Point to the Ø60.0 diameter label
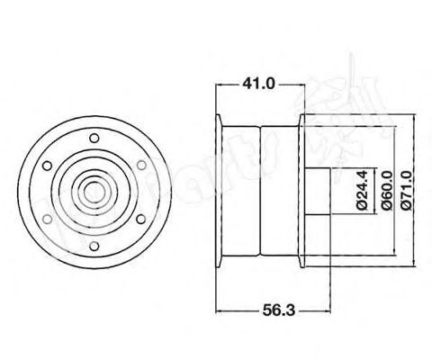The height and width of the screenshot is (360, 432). pos(385,192)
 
